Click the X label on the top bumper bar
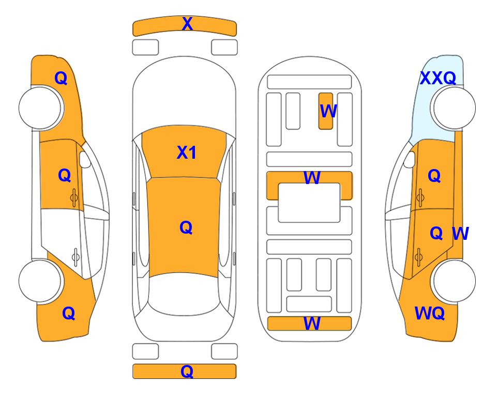[x=187, y=24]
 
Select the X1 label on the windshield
[x=187, y=152]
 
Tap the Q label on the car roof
[x=186, y=227]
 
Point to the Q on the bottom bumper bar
[x=187, y=371]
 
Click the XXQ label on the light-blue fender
[x=438, y=78]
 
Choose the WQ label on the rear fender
[x=430, y=313]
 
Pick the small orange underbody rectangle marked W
[x=326, y=111]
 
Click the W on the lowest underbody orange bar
[x=312, y=324]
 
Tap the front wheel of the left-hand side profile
[x=40, y=108]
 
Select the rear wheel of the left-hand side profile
[x=40, y=281]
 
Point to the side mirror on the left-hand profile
[x=84, y=159]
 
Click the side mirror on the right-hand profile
[x=410, y=159]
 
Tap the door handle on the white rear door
[x=76, y=256]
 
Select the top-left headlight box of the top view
[x=145, y=48]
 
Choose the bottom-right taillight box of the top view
[x=224, y=352]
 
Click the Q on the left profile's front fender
[x=61, y=78]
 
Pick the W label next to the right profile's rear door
[x=460, y=234]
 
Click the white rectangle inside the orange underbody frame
[x=309, y=203]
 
